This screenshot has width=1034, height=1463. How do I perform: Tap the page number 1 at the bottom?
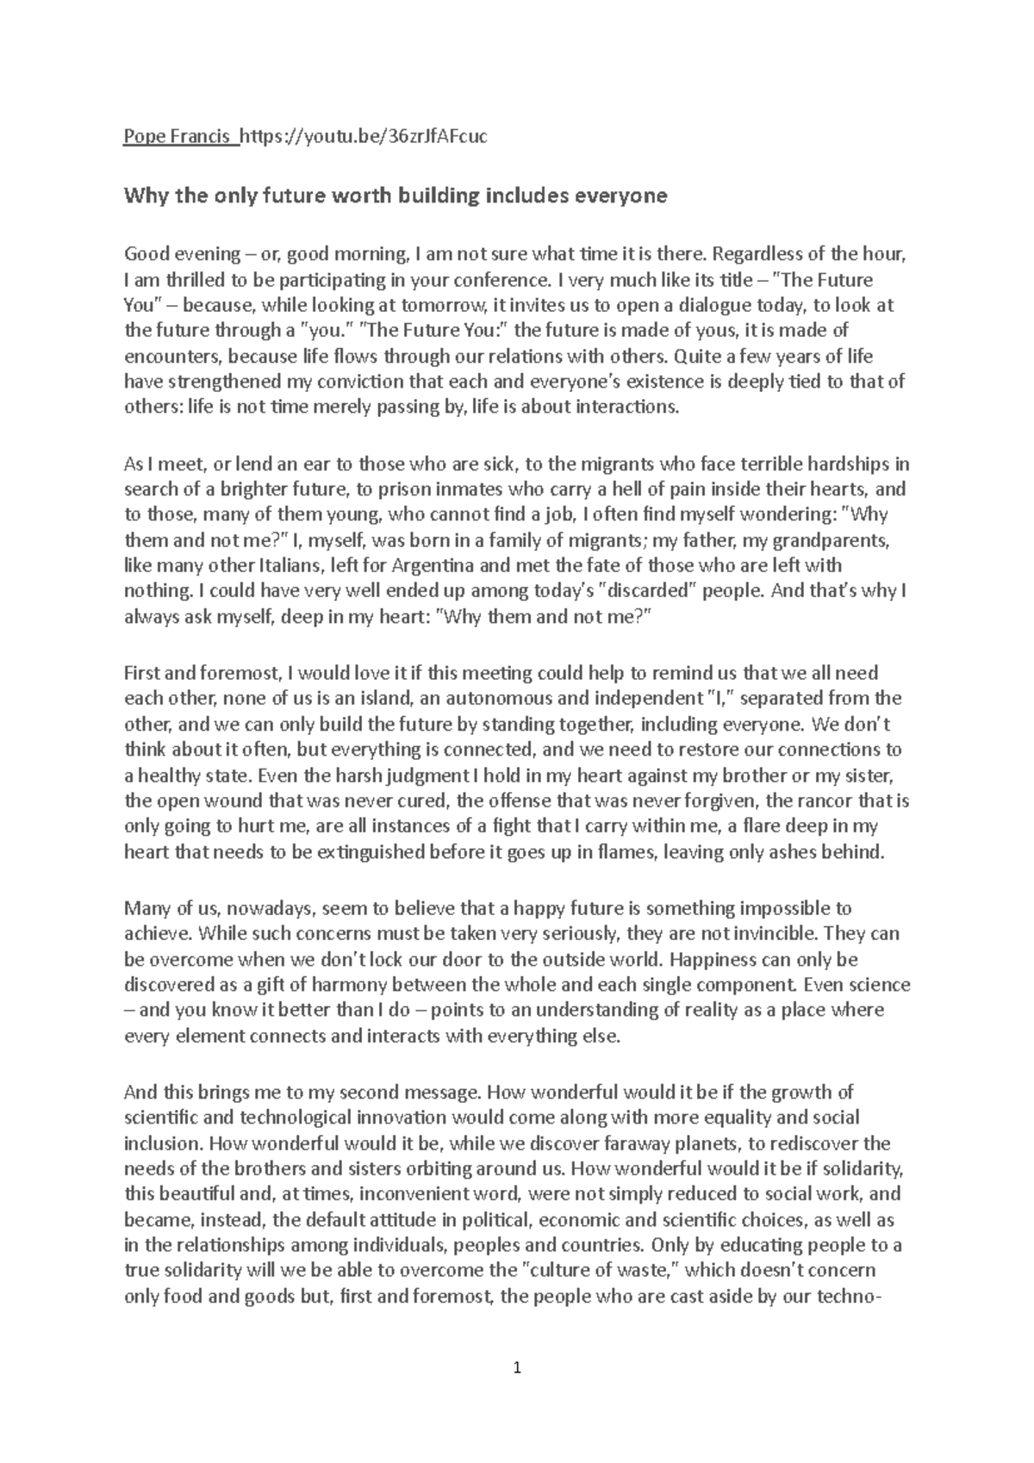click(517, 1367)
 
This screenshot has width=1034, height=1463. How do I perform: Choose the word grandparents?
click(832, 540)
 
